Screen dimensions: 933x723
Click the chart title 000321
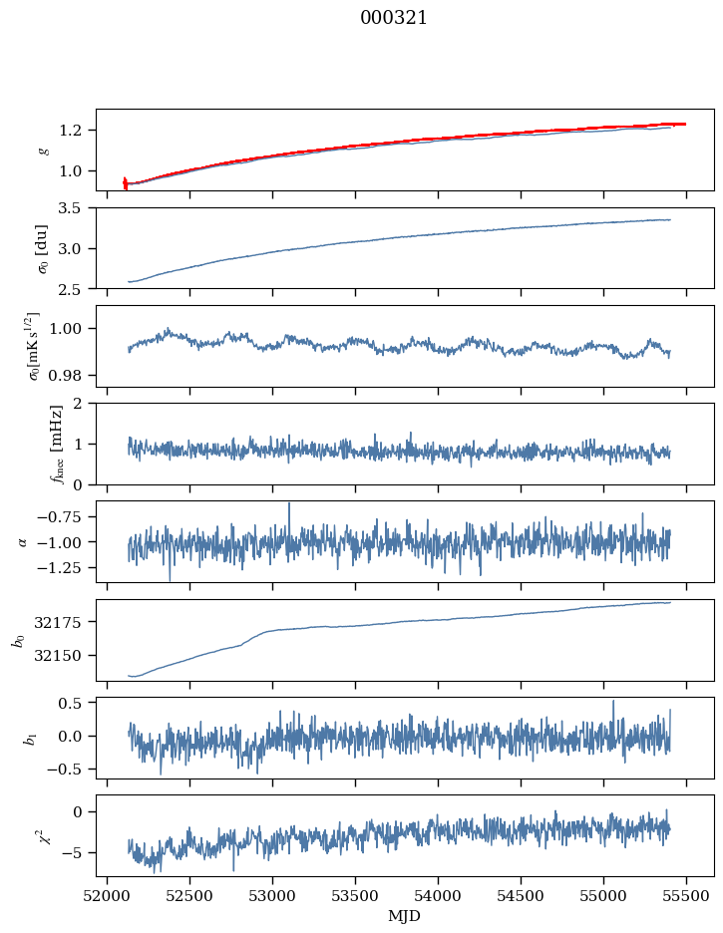point(394,18)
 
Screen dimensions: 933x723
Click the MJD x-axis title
point(405,915)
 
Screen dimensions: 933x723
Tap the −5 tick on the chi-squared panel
point(77,852)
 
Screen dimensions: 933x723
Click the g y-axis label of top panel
point(42,150)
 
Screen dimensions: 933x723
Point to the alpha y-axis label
point(22,541)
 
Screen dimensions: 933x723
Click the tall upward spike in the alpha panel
point(289,504)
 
